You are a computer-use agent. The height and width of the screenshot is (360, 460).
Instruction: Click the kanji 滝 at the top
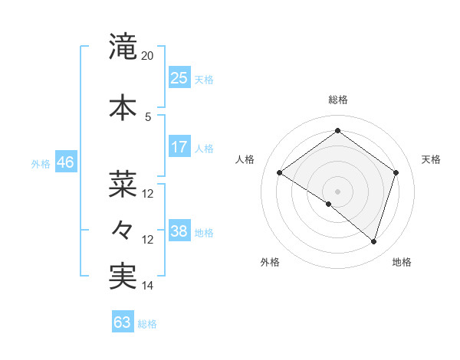click(123, 47)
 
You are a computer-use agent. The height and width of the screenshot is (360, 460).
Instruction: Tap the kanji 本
click(123, 106)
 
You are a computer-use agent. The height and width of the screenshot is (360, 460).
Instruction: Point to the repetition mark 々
click(123, 228)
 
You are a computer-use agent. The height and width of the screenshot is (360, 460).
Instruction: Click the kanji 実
click(123, 277)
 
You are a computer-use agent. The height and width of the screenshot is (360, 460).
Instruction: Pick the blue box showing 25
click(179, 77)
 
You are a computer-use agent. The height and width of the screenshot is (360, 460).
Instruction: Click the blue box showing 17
click(179, 147)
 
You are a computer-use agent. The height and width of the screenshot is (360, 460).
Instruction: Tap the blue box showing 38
click(179, 231)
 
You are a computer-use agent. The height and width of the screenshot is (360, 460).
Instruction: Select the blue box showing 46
click(65, 162)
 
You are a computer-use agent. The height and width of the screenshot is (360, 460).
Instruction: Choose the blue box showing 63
click(123, 322)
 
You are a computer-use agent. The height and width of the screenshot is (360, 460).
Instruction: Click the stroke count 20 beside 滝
click(148, 56)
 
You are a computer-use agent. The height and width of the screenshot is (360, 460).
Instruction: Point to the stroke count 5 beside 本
click(148, 116)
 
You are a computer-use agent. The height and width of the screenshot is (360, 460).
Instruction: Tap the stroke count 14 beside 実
click(148, 286)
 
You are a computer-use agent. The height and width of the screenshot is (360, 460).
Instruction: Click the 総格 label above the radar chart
click(338, 100)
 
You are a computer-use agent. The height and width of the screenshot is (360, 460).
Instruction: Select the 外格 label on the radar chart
click(270, 262)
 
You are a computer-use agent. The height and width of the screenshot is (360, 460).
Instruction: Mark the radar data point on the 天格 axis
click(396, 173)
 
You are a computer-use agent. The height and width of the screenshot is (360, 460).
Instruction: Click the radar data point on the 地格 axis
click(373, 241)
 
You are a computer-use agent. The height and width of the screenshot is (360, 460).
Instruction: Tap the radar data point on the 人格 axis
click(280, 173)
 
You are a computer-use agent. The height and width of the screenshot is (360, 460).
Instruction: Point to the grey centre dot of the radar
click(338, 191)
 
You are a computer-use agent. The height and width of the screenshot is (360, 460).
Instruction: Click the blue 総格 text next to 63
click(147, 324)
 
